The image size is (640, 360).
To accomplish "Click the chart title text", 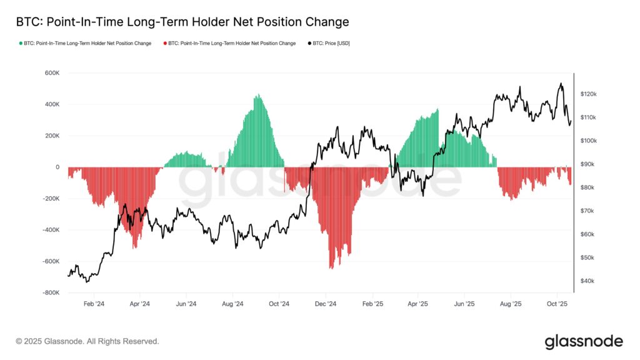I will tap(182, 22).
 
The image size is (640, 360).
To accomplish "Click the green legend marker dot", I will tap(21, 43).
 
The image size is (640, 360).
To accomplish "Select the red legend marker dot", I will tap(164, 43).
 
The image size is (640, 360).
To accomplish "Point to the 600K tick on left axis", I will tap(51, 73).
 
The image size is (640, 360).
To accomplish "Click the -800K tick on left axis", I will tap(50, 292).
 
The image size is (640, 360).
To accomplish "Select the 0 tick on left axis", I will tap(57, 167).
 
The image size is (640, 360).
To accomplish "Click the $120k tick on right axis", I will tap(588, 94).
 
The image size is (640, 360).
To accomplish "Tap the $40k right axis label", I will tap(587, 281).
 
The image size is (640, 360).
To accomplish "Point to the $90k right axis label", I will tap(587, 164).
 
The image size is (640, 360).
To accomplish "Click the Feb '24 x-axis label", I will tap(93, 304).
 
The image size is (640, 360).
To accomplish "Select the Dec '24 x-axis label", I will tap(326, 304).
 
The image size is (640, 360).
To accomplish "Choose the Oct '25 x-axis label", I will tap(557, 304).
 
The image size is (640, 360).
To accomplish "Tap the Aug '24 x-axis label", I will tap(232, 304).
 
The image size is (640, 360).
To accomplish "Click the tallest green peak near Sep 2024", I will tap(257, 96).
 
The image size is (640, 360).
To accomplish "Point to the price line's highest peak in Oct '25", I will tap(561, 84).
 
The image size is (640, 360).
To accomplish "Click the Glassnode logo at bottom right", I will tap(583, 341).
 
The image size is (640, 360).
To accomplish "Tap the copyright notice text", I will tap(87, 341).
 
